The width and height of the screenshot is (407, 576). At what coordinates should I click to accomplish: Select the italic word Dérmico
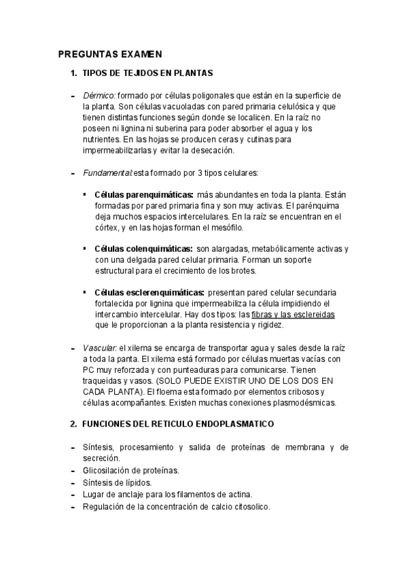tap(99, 96)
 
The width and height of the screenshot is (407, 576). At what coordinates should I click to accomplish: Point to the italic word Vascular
tap(100, 348)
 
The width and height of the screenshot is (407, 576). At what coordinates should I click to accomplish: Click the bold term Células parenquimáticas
tap(144, 196)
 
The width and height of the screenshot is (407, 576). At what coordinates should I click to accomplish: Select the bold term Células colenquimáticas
tap(143, 249)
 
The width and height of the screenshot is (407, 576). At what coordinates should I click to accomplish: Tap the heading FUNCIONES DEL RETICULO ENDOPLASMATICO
tap(177, 424)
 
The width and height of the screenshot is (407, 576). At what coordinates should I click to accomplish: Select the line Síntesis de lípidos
tap(117, 482)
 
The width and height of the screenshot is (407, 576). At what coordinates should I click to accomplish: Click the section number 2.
tap(73, 424)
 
